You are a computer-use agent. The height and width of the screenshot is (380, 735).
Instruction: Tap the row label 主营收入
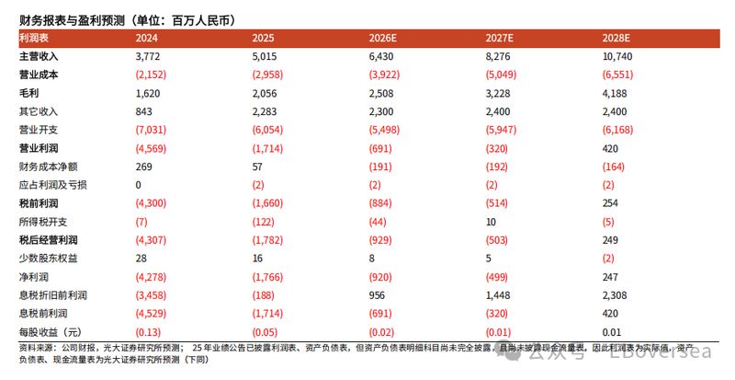coord(38,56)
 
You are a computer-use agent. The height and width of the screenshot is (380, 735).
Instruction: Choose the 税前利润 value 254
coord(611,202)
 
